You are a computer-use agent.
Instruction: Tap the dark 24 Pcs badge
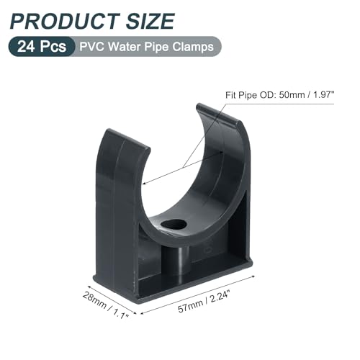pos(42,47)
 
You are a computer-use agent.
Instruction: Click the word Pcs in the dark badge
pos(54,47)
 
